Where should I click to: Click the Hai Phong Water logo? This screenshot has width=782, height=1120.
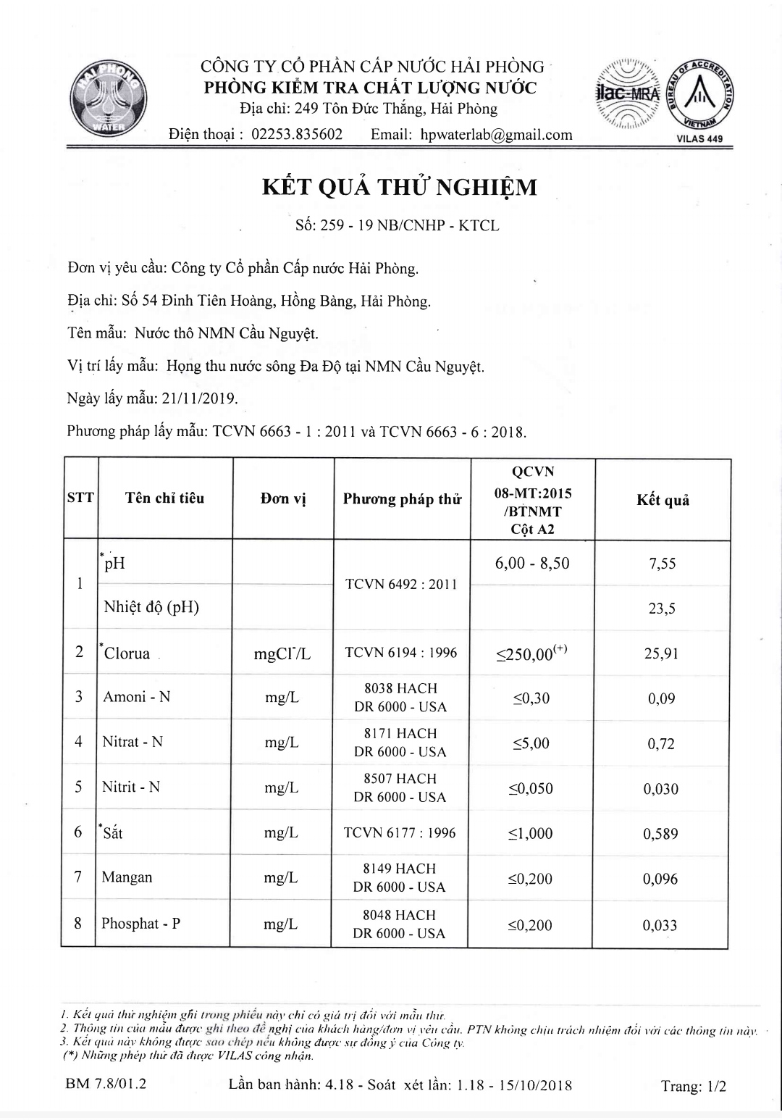pos(108,100)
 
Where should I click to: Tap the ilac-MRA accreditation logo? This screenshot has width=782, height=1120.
pos(628,94)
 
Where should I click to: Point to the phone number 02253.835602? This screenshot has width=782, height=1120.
pos(297,135)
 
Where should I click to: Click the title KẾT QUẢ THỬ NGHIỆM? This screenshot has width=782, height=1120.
pos(399,188)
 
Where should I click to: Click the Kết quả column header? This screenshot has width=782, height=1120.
pos(663,500)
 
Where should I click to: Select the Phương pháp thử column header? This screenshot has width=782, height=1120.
pos(402,499)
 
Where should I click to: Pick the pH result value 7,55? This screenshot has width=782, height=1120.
pos(663,564)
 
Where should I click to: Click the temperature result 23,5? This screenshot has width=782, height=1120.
pos(662,609)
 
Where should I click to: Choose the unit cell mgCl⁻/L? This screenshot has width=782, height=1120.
pos(282,654)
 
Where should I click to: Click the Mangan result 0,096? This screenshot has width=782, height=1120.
pos(660,879)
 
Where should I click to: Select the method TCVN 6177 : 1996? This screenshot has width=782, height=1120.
pos(400,833)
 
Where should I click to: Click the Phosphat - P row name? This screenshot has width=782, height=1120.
pos(141,924)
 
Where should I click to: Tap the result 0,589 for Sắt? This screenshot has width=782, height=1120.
pos(660,834)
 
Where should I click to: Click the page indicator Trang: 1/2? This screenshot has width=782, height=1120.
pos(693,1086)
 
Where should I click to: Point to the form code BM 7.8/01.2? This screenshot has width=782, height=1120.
pos(106,1085)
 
